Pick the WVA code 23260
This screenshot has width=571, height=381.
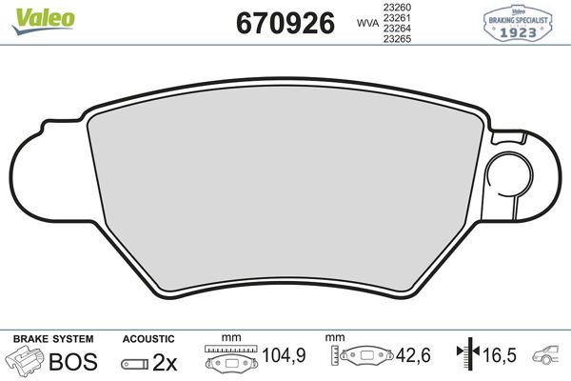397,7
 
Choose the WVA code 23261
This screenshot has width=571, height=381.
397,18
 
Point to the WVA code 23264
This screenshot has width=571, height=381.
397,30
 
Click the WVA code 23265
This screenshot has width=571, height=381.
397,41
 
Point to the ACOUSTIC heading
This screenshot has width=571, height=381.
148,338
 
